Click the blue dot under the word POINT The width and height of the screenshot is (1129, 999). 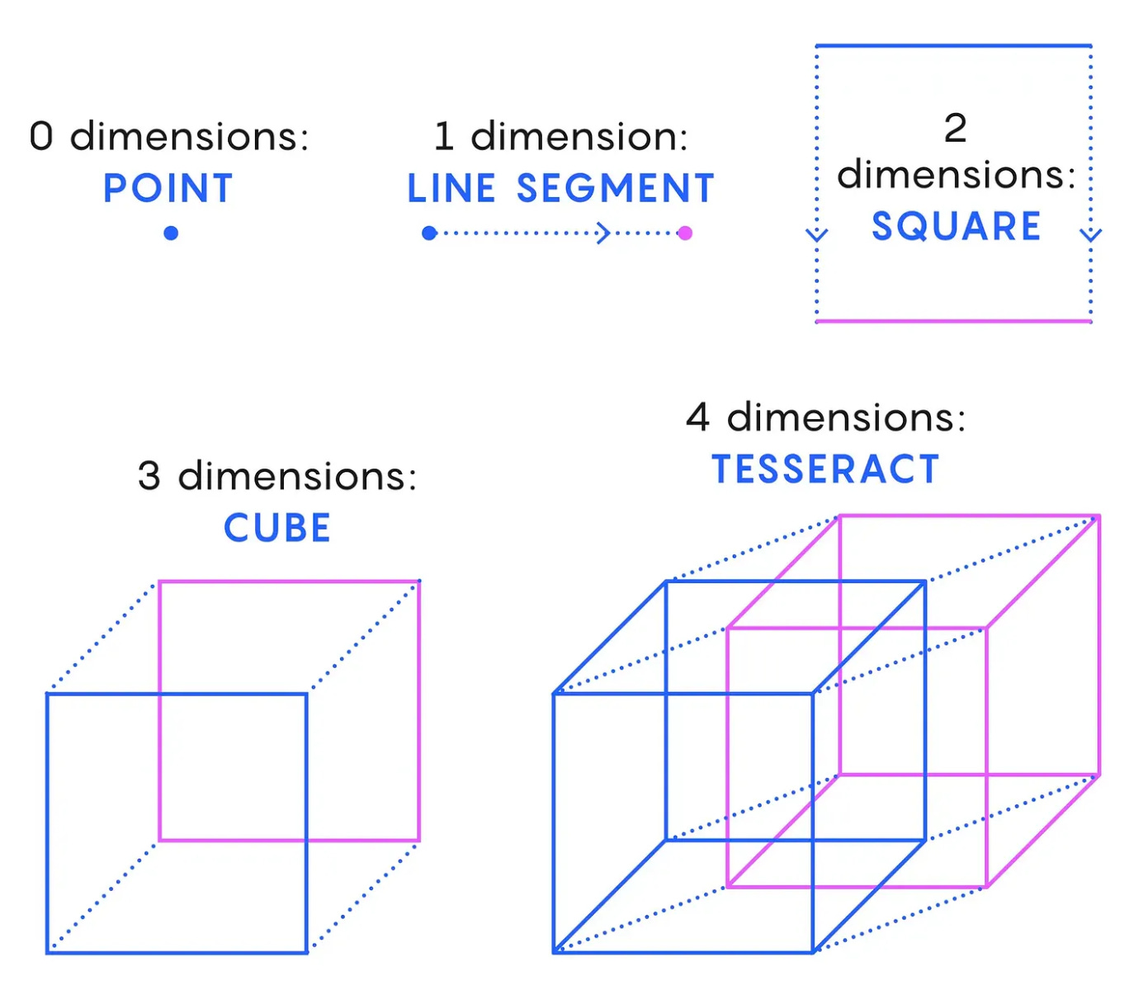tap(171, 233)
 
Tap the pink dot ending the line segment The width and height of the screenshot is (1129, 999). tap(685, 233)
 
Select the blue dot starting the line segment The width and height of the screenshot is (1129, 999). tap(429, 233)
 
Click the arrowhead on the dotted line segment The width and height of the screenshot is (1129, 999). tap(604, 233)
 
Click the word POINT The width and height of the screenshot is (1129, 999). tap(168, 189)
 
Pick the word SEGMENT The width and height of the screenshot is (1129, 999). tap(616, 189)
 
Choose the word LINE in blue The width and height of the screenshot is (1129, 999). tap(451, 189)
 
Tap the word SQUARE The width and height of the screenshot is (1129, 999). tap(957, 227)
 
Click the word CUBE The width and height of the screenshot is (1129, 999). tap(277, 529)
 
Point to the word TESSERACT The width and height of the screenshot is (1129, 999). tap(826, 470)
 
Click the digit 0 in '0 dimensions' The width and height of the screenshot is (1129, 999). tap(41, 136)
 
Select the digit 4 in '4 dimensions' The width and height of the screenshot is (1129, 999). tap(698, 417)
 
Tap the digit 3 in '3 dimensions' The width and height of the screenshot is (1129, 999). tap(149, 477)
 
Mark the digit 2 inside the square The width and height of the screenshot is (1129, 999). tap(956, 129)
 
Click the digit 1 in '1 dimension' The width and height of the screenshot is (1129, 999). tap(444, 136)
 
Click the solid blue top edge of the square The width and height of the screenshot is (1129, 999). tap(953, 46)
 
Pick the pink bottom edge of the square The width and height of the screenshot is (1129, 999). tap(953, 321)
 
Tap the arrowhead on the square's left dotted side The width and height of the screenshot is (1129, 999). tap(817, 235)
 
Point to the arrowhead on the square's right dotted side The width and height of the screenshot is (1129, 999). tap(1091, 235)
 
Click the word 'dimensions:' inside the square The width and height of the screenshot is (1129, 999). tap(957, 175)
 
